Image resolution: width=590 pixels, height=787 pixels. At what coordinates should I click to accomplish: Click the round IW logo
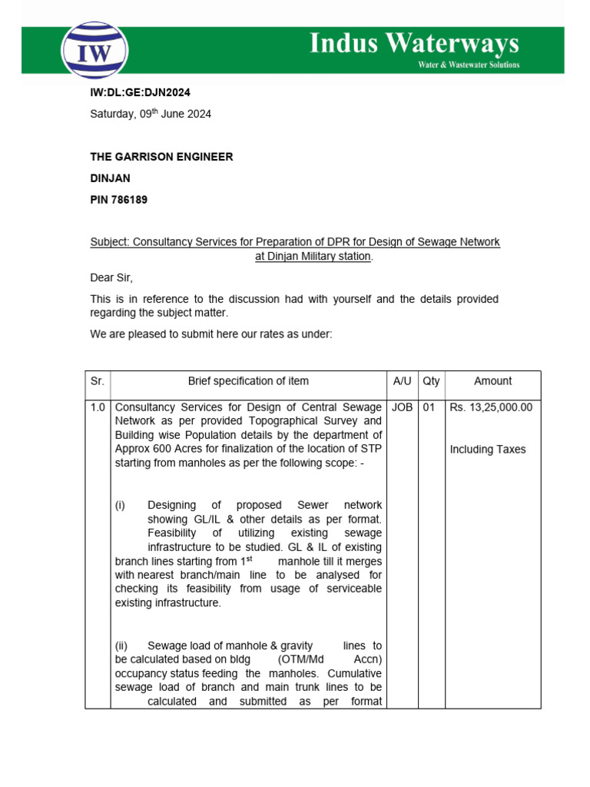pyautogui.click(x=94, y=51)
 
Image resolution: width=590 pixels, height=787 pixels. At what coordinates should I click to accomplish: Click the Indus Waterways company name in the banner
pyautogui.click(x=414, y=43)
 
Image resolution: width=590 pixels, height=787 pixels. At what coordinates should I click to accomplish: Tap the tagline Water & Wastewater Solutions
pyautogui.click(x=468, y=65)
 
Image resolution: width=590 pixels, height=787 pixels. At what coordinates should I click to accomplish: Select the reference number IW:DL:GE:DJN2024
pyautogui.click(x=140, y=93)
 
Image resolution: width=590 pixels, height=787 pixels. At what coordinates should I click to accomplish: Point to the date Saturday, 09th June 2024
pyautogui.click(x=151, y=114)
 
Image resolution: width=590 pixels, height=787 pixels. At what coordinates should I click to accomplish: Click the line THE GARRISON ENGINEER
pyautogui.click(x=161, y=157)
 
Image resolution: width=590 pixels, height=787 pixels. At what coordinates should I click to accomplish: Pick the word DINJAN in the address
pyautogui.click(x=111, y=178)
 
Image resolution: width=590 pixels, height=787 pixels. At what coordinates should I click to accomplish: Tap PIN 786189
pyautogui.click(x=119, y=200)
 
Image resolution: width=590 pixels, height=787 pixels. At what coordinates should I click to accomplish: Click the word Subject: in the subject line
pyautogui.click(x=110, y=242)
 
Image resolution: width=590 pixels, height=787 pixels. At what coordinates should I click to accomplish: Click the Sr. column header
pyautogui.click(x=98, y=381)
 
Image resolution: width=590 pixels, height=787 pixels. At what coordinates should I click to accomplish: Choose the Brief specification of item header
pyautogui.click(x=248, y=381)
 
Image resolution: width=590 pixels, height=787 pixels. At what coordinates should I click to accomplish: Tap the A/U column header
pyautogui.click(x=403, y=381)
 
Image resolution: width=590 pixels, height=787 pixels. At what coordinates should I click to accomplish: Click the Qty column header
pyautogui.click(x=432, y=381)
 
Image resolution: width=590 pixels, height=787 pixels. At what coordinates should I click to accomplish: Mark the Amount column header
pyautogui.click(x=492, y=381)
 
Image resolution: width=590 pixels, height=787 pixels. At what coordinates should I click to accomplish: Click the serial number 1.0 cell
pyautogui.click(x=98, y=407)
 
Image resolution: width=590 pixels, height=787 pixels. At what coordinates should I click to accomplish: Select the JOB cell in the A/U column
pyautogui.click(x=403, y=407)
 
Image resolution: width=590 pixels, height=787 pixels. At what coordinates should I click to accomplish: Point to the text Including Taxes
pyautogui.click(x=488, y=450)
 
